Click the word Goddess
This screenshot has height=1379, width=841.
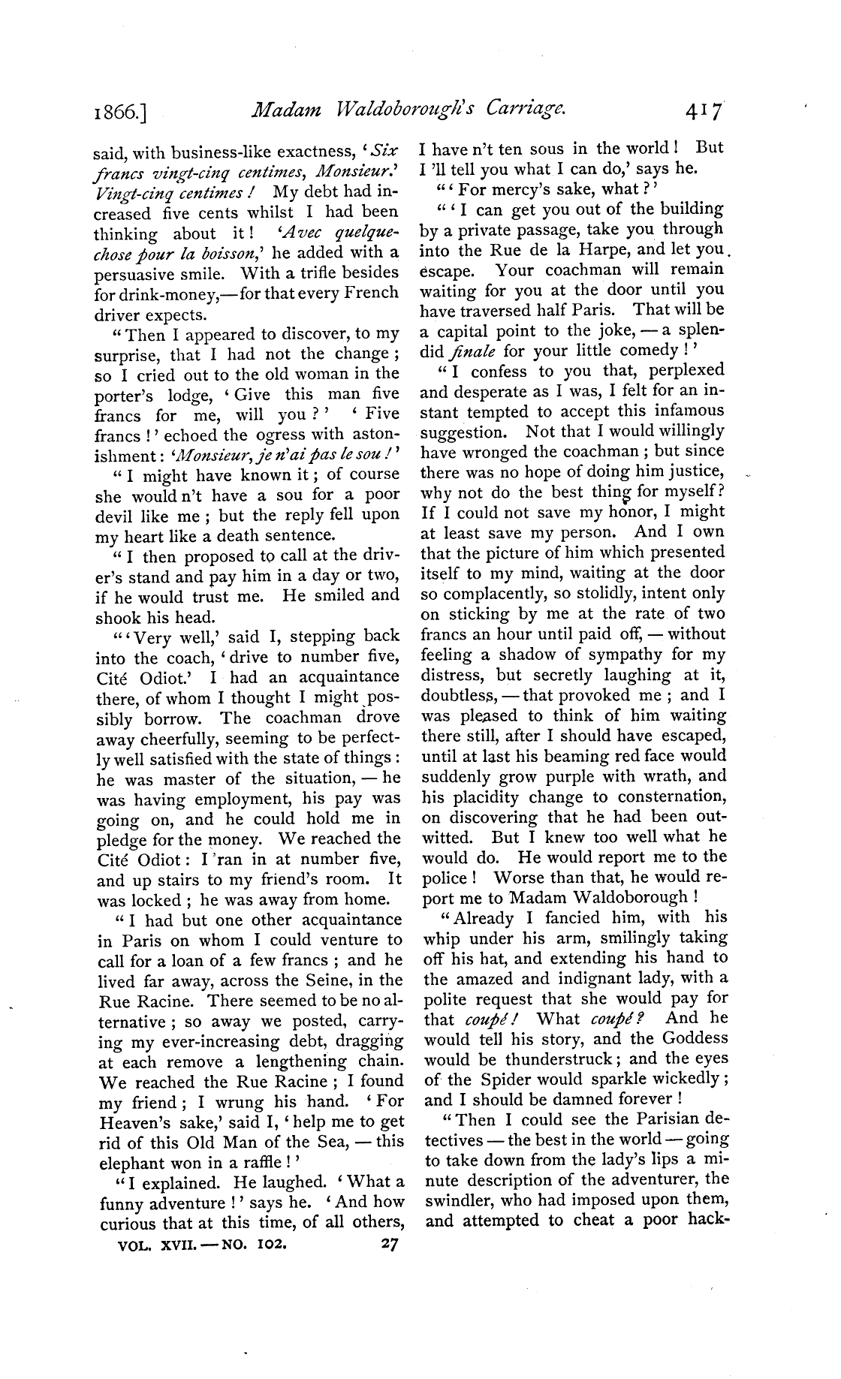tap(696, 1038)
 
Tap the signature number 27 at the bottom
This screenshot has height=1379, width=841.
tap(388, 1242)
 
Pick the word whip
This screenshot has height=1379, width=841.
tap(441, 938)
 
